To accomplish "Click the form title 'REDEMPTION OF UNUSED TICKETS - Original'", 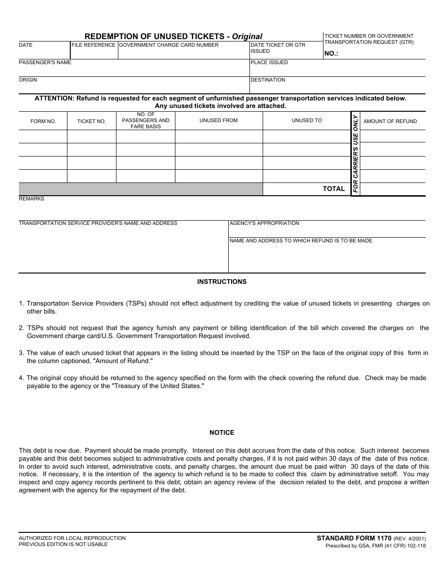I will (x=173, y=36).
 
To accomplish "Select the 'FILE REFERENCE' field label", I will (x=93, y=45).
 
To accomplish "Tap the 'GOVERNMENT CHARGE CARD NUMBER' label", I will (x=169, y=45).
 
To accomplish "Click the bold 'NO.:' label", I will (x=331, y=54).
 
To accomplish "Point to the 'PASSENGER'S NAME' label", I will (x=45, y=62).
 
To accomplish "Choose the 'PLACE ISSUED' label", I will (x=269, y=63).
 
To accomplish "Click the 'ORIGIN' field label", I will (x=28, y=80).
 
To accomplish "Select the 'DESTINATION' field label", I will (x=268, y=80).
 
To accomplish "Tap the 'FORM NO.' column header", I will (x=43, y=122).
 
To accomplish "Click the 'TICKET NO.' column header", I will (x=91, y=122).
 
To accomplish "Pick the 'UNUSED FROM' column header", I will (x=218, y=121).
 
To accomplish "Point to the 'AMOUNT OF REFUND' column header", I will (x=390, y=122).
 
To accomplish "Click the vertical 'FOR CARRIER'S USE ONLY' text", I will (x=356, y=154).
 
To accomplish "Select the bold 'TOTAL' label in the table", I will (x=334, y=189).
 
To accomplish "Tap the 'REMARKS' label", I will (x=31, y=199).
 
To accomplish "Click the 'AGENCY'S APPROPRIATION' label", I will (x=264, y=224).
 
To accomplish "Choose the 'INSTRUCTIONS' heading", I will (x=222, y=282).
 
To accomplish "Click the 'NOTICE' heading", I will (x=222, y=432).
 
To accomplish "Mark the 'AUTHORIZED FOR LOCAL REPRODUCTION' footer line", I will (x=72, y=538).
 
